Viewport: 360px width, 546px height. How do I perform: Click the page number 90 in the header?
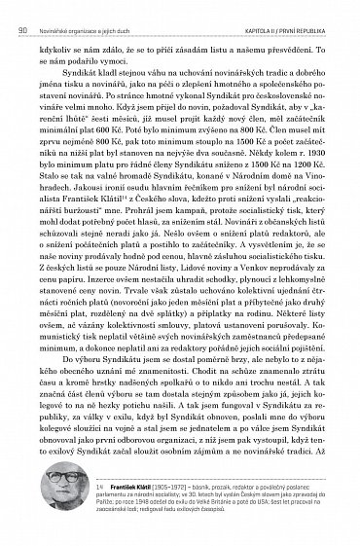click(21, 8)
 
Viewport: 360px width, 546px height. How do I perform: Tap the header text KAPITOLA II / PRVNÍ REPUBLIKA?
click(289, 8)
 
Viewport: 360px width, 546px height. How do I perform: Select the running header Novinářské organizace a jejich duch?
click(93, 8)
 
